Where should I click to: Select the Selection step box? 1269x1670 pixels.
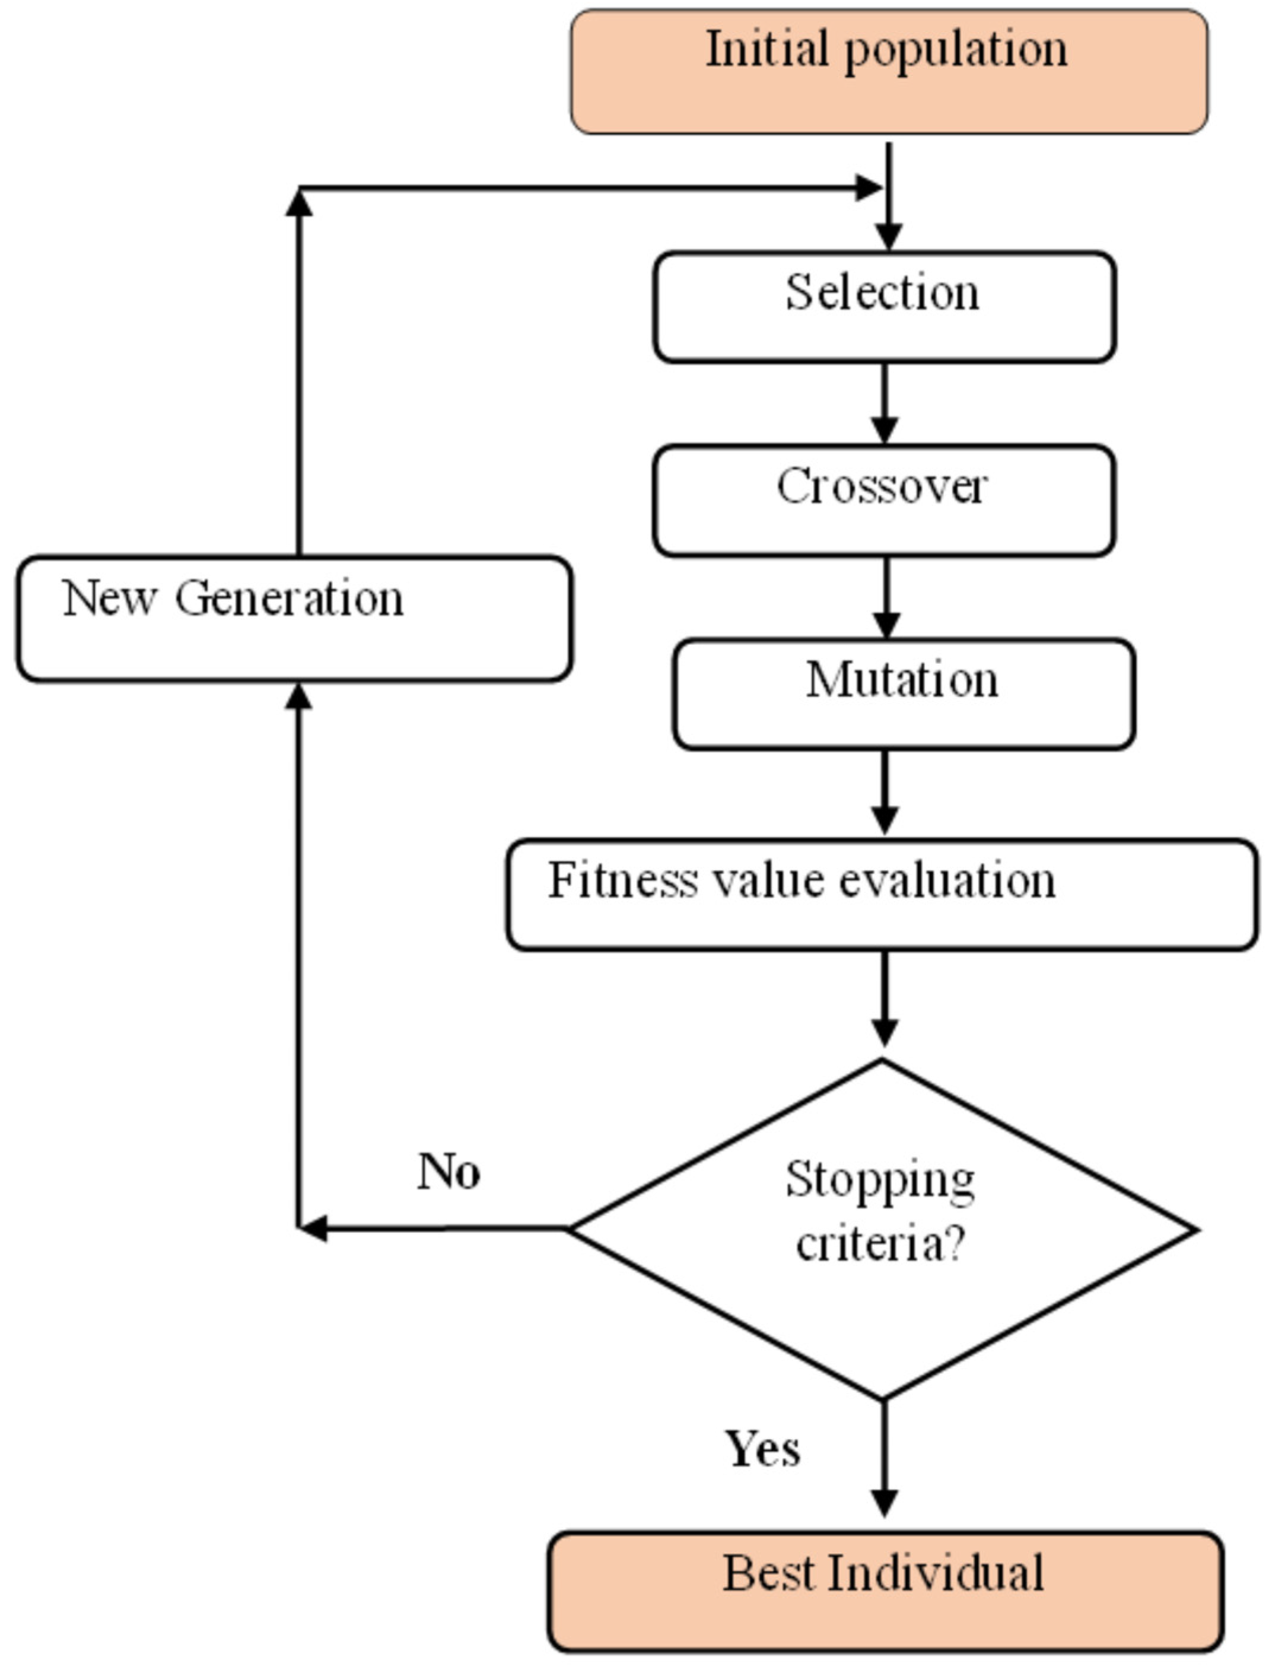tap(884, 307)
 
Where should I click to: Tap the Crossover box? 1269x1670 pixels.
tap(884, 501)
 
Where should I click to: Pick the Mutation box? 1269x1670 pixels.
tap(904, 694)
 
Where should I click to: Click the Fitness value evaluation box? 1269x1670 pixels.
tap(882, 894)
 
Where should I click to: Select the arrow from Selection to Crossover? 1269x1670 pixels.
tap(885, 404)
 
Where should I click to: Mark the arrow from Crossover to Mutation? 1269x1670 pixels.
tap(886, 597)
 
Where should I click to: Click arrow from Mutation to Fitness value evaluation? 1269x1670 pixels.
tap(885, 793)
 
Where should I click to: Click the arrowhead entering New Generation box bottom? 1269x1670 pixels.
tap(299, 696)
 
